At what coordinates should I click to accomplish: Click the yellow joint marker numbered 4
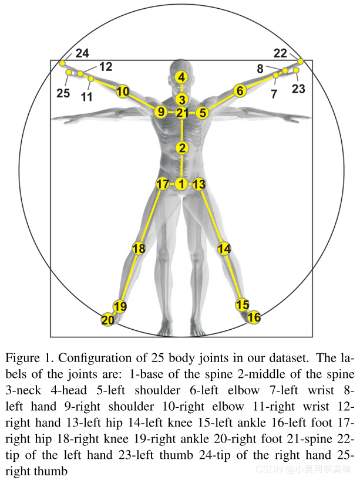[182, 77]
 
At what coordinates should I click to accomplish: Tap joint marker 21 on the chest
[182, 113]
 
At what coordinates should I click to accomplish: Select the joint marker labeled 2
[182, 148]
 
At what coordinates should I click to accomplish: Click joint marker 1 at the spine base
[181, 184]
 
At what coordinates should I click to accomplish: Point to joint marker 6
[239, 91]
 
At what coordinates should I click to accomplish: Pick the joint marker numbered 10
[122, 92]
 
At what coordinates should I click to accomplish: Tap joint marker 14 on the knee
[224, 249]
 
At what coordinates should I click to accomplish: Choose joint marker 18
[139, 249]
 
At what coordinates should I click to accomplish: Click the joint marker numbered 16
[254, 317]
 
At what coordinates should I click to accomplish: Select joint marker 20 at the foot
[107, 320]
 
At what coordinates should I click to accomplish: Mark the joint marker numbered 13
[199, 185]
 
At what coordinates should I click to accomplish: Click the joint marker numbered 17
[163, 184]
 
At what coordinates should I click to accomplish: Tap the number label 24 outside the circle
[82, 53]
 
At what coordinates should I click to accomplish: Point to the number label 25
[63, 93]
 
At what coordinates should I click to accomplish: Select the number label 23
[299, 89]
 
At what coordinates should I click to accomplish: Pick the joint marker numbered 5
[203, 113]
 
